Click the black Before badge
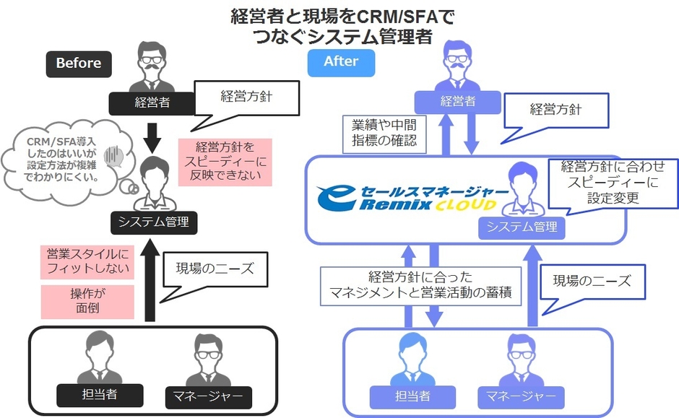click(79, 63)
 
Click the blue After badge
click(341, 61)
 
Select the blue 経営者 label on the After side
click(457, 101)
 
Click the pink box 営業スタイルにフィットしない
click(88, 261)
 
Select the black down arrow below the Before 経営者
click(152, 134)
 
